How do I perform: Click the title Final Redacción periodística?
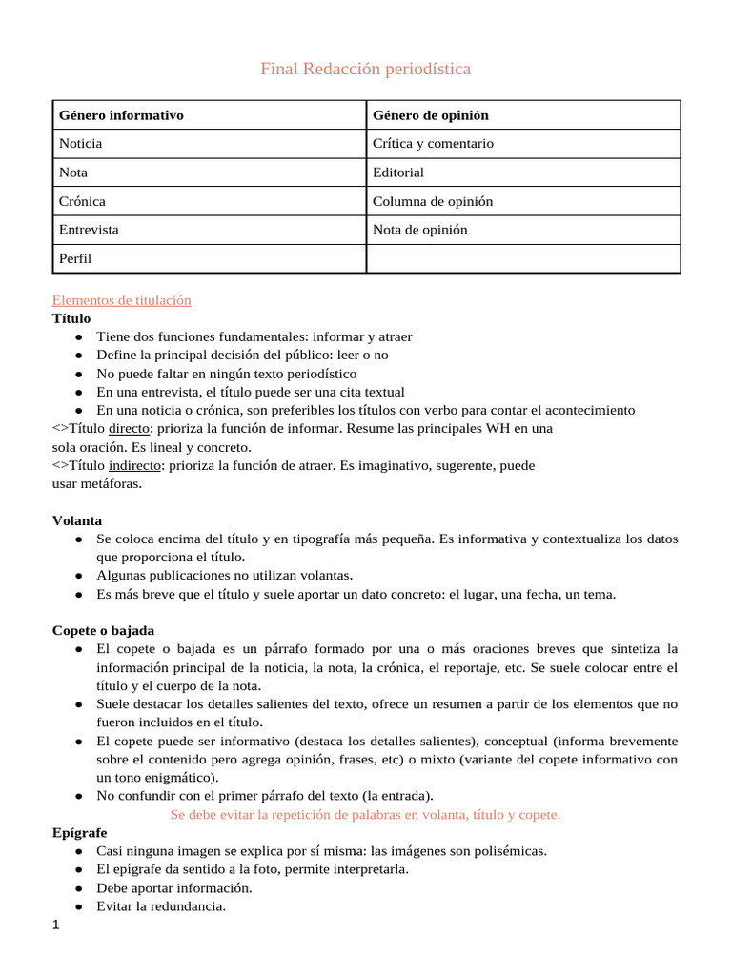point(365,69)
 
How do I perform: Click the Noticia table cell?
point(81,144)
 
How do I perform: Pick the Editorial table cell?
point(398,173)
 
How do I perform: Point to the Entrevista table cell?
point(89,230)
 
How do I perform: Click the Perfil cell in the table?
point(75,258)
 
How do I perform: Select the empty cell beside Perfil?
point(523,258)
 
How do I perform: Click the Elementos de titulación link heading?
point(122,300)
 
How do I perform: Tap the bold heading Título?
point(71,318)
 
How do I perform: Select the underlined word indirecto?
point(134,465)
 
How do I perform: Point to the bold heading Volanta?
point(77,520)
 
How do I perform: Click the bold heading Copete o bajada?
point(103,630)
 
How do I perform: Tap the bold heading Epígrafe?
point(79,832)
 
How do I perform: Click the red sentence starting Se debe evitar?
point(365,814)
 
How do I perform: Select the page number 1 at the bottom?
point(56,925)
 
